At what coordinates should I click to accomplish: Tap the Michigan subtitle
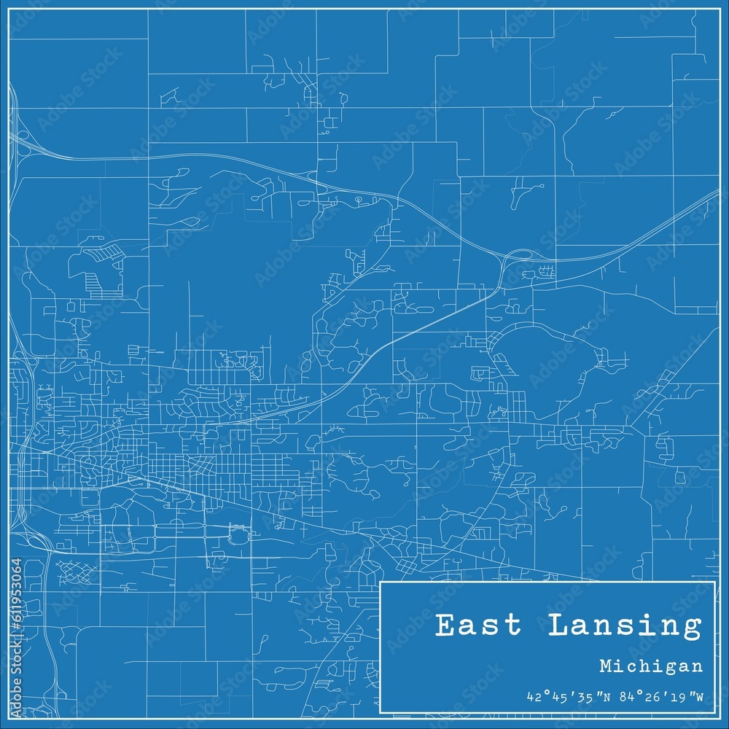coord(652,666)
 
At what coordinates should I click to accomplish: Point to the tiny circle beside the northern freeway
coord(358,198)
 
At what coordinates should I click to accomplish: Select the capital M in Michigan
coord(607,666)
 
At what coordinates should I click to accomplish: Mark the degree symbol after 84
coord(632,693)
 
